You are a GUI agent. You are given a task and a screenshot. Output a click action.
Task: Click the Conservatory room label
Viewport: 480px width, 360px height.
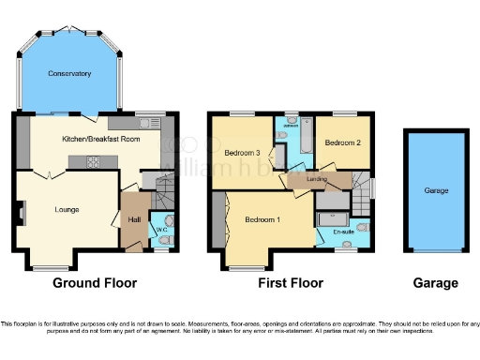[70, 73]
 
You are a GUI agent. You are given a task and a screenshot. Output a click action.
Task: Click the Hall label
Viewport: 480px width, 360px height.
[133, 219]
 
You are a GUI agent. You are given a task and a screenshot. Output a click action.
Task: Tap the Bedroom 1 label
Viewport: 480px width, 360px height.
[262, 220]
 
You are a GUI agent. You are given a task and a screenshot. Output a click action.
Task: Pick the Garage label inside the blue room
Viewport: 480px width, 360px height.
[436, 190]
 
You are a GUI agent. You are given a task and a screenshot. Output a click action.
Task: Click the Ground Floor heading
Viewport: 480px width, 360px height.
[95, 282]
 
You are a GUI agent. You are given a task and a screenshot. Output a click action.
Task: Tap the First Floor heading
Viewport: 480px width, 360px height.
[292, 282]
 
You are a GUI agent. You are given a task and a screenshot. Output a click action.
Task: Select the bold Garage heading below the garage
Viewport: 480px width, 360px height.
[436, 282]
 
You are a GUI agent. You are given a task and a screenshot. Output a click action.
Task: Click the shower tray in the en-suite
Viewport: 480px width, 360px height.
[329, 200]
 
